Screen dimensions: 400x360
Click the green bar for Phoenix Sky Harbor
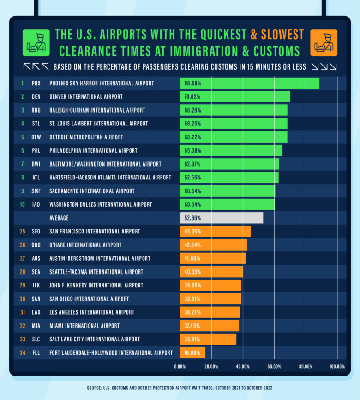coord(249,84)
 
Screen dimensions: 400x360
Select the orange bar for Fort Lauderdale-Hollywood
coord(192,353)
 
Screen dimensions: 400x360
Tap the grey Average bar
coord(222,218)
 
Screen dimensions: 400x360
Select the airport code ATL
coord(36,178)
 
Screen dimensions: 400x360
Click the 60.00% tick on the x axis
coord(274,367)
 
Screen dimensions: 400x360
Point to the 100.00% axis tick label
coord(337,367)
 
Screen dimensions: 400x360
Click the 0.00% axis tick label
coord(180,367)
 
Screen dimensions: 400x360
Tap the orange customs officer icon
coord(324,42)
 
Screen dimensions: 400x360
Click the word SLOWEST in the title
coord(282,34)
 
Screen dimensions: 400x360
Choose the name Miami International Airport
coord(84,326)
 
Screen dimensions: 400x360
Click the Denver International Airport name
coord(86,97)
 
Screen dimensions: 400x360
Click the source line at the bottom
coord(180,388)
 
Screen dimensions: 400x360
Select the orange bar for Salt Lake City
coord(208,339)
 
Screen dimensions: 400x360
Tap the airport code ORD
coord(36,245)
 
